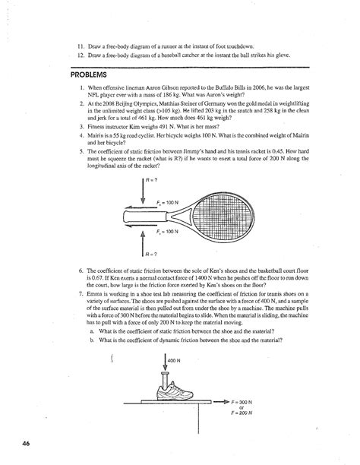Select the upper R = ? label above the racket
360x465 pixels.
click(x=153, y=182)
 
